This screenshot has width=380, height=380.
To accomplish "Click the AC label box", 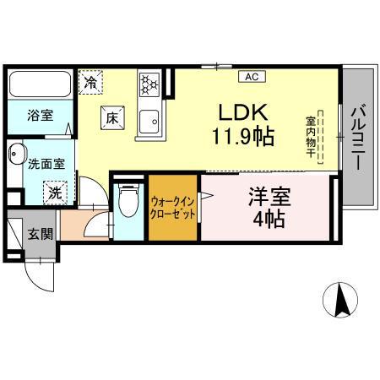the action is click(x=252, y=77).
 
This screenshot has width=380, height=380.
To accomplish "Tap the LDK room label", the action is click(x=243, y=112).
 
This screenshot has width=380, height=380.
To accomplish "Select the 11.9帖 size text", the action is click(x=243, y=136).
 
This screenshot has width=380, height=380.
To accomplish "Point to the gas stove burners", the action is click(x=149, y=84).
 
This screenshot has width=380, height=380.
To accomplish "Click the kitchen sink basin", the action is click(x=149, y=122).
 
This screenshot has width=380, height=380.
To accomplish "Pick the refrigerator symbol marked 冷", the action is click(x=90, y=82).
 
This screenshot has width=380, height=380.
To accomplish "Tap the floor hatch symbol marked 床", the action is click(x=112, y=117).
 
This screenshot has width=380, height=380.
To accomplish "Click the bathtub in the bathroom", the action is click(x=40, y=84).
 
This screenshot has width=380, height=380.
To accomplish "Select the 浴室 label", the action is click(x=41, y=116).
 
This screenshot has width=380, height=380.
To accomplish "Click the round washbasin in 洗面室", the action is click(x=16, y=154).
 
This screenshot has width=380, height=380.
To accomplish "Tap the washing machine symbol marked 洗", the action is click(x=55, y=193).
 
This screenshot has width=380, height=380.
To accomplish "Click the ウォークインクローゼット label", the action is click(x=172, y=209).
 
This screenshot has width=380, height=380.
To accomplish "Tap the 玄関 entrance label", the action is click(x=41, y=234).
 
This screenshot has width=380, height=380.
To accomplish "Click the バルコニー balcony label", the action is click(x=359, y=138).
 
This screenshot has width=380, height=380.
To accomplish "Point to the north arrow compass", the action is click(x=340, y=300).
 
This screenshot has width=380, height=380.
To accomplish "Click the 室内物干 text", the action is click(x=310, y=137).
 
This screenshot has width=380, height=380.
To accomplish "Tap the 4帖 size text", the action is click(x=269, y=220).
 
